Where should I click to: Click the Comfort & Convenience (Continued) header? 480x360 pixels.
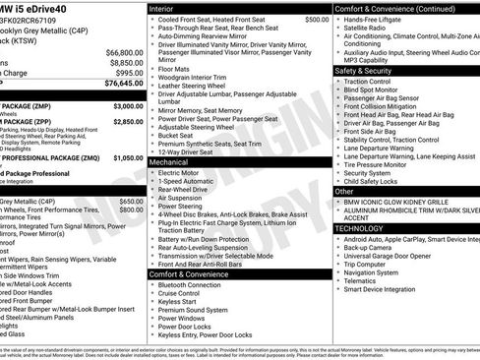pos(393,7)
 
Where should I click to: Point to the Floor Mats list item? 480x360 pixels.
pos(177,70)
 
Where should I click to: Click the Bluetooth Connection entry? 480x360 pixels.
pos(197,284)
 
